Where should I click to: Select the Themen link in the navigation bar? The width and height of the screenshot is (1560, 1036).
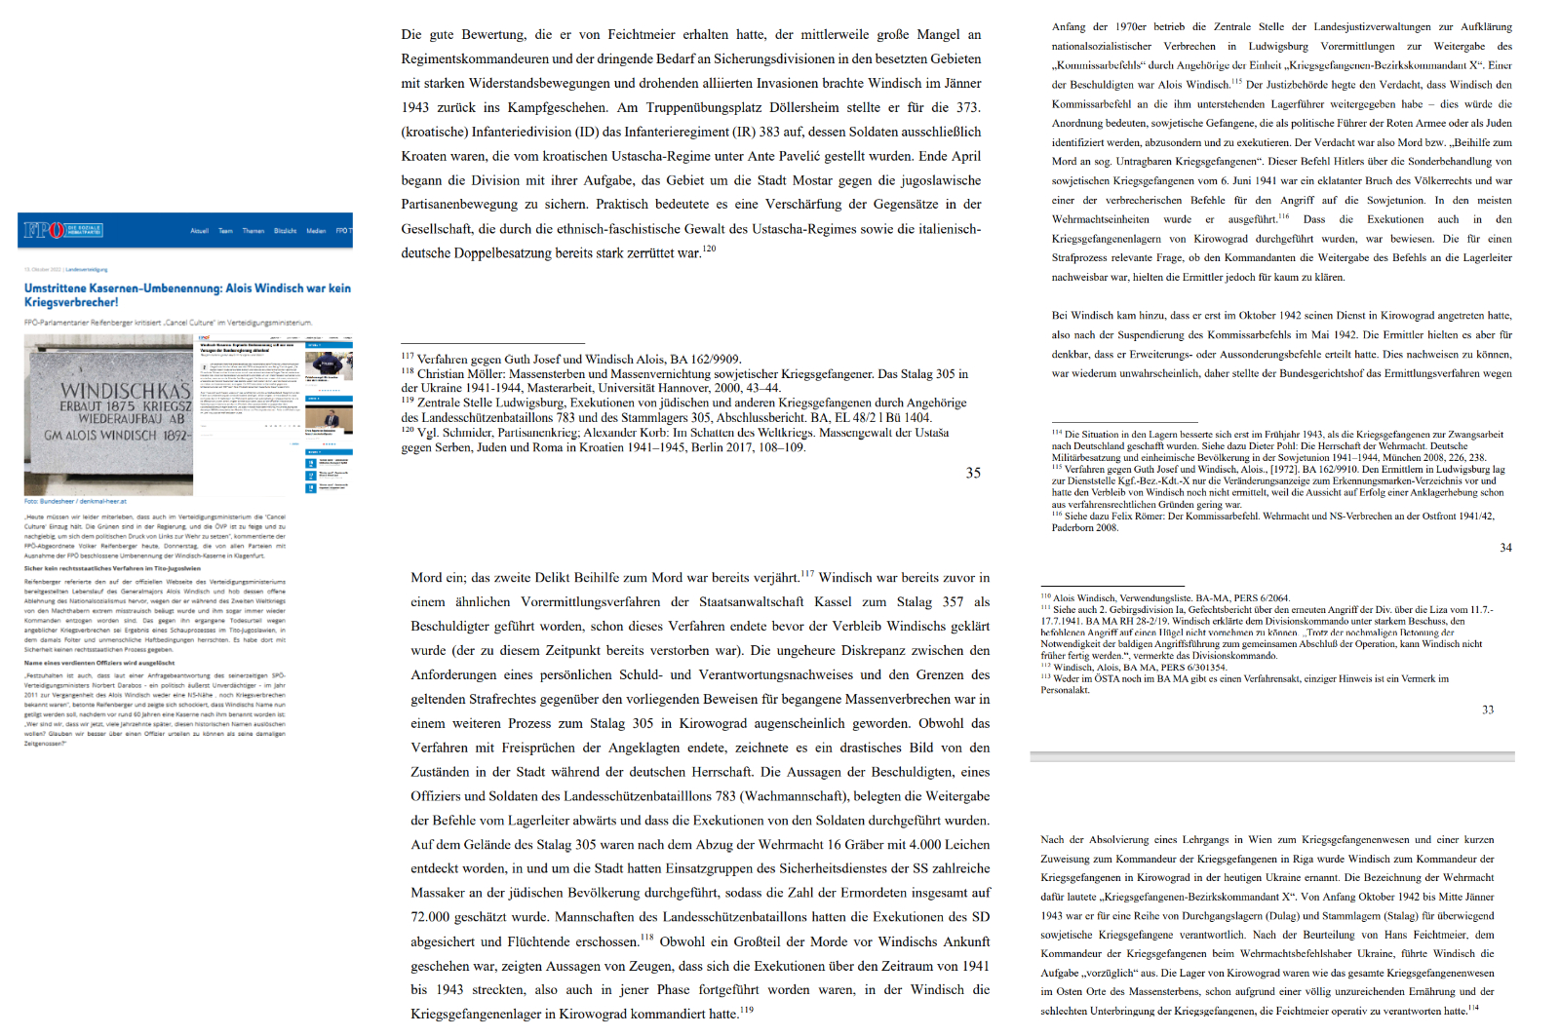pos(253,231)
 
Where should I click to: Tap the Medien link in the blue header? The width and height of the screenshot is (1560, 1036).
pos(316,231)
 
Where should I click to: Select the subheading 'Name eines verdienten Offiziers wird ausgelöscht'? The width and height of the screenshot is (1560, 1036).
pos(99,663)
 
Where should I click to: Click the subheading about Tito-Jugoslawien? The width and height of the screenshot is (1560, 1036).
pos(112,568)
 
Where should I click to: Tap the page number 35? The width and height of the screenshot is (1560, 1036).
pos(973,473)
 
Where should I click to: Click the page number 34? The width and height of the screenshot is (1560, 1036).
pos(1505,548)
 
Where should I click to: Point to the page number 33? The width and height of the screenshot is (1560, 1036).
pos(1488,710)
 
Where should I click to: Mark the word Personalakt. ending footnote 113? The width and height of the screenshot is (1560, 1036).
pos(1065,690)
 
